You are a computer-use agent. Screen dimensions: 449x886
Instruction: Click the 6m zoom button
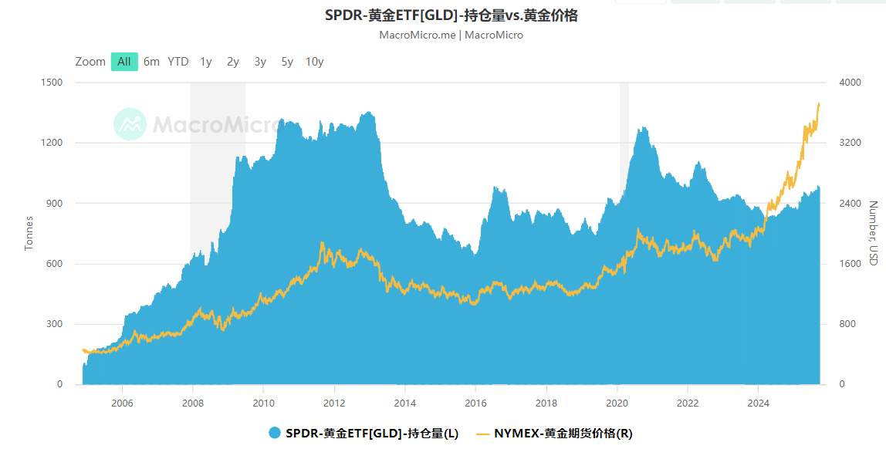(x=151, y=62)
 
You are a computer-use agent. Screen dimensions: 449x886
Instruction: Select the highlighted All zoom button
(x=124, y=62)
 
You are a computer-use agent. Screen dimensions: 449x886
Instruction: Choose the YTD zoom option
(x=178, y=62)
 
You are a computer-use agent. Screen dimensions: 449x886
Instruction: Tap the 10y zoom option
(x=314, y=62)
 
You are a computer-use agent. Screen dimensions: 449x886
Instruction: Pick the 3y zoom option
(x=260, y=62)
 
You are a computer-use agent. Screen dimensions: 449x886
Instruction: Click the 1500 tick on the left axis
(x=52, y=83)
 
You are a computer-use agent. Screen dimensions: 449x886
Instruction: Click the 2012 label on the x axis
(x=334, y=403)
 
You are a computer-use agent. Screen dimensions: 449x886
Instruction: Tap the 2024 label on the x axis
(x=759, y=403)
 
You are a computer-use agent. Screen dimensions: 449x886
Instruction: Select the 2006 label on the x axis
(x=122, y=403)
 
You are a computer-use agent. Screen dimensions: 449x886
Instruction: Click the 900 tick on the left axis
(x=55, y=204)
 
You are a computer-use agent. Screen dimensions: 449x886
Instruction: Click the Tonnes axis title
(x=29, y=232)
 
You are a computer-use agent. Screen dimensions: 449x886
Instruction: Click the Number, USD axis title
(x=873, y=233)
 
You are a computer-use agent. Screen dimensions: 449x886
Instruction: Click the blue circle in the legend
(x=276, y=434)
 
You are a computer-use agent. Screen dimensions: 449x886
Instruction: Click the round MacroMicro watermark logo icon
(x=130, y=124)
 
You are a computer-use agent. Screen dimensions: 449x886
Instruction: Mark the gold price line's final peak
(x=818, y=103)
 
